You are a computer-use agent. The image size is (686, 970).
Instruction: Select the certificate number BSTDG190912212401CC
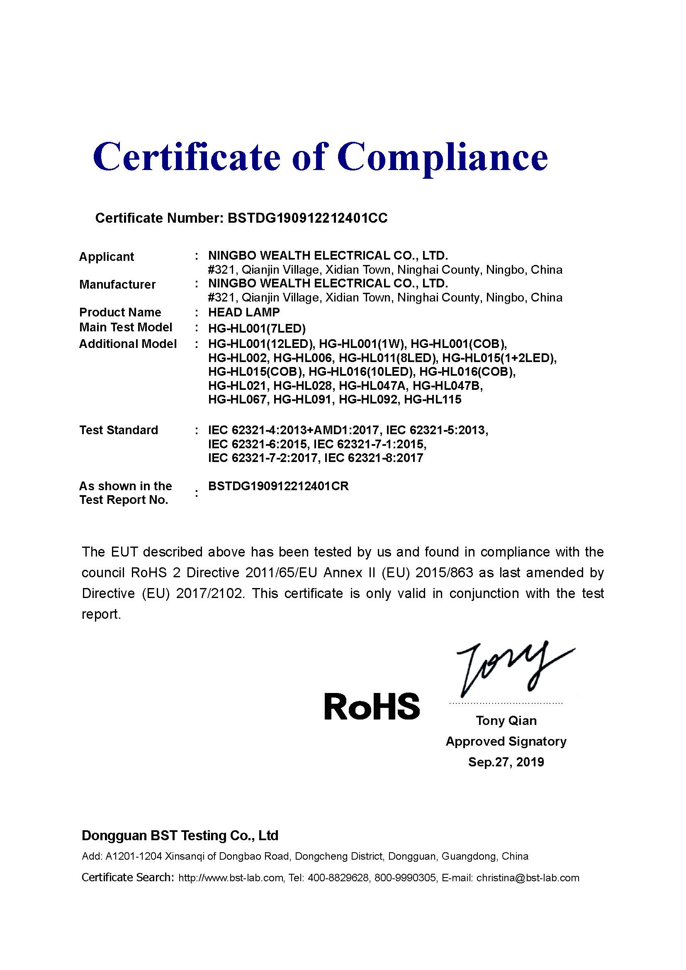(307, 218)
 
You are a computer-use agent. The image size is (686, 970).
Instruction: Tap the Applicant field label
(107, 256)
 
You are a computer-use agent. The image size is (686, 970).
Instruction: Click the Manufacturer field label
(117, 284)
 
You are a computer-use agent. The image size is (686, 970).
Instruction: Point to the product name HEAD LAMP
(244, 312)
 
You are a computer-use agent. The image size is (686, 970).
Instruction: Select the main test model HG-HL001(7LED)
(257, 328)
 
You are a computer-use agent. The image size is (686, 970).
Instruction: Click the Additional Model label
(128, 344)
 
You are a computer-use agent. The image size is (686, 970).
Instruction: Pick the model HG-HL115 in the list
(433, 399)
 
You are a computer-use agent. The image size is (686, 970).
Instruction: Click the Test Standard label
(119, 430)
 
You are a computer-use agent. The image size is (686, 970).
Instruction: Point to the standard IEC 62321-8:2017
(373, 458)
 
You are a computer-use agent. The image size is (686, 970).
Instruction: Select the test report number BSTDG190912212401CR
(278, 486)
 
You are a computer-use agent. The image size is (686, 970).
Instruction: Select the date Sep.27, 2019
(506, 762)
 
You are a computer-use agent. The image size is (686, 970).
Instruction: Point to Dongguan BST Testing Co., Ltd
(180, 835)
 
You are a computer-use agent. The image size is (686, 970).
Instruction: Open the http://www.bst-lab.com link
(231, 878)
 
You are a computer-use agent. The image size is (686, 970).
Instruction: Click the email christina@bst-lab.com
(528, 878)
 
